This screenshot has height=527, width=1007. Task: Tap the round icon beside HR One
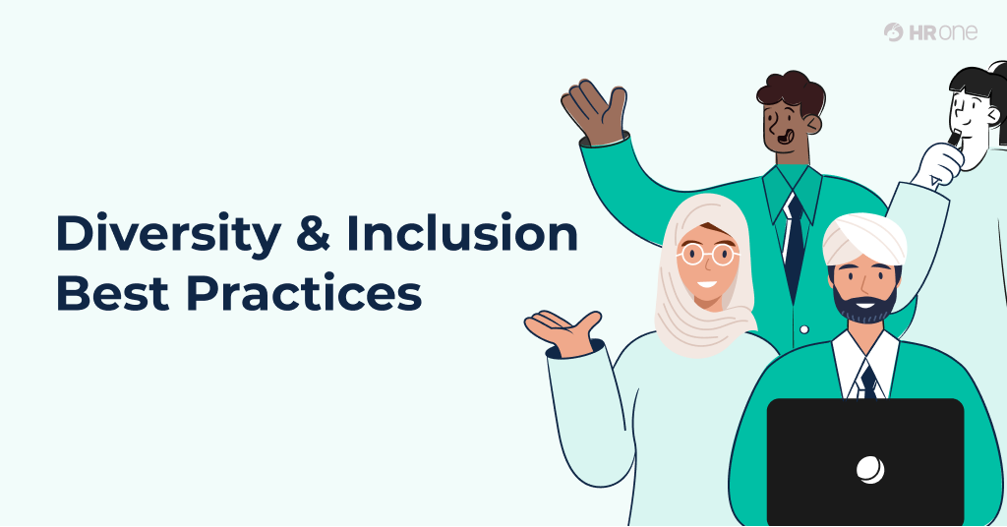(894, 32)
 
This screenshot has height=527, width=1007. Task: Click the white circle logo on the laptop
(869, 470)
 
